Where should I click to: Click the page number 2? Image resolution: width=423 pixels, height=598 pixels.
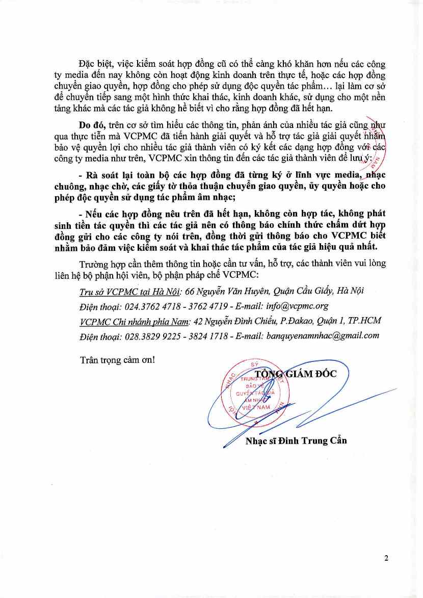point(386,558)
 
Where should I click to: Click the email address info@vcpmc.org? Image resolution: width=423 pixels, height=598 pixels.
point(297,306)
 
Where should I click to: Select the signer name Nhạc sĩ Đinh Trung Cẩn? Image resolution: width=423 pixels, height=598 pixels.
point(296,440)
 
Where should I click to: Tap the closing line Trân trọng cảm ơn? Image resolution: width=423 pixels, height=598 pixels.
point(117,359)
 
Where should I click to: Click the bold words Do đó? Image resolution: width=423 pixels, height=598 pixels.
point(90,124)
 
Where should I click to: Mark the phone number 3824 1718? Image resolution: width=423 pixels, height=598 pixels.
point(206,336)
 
